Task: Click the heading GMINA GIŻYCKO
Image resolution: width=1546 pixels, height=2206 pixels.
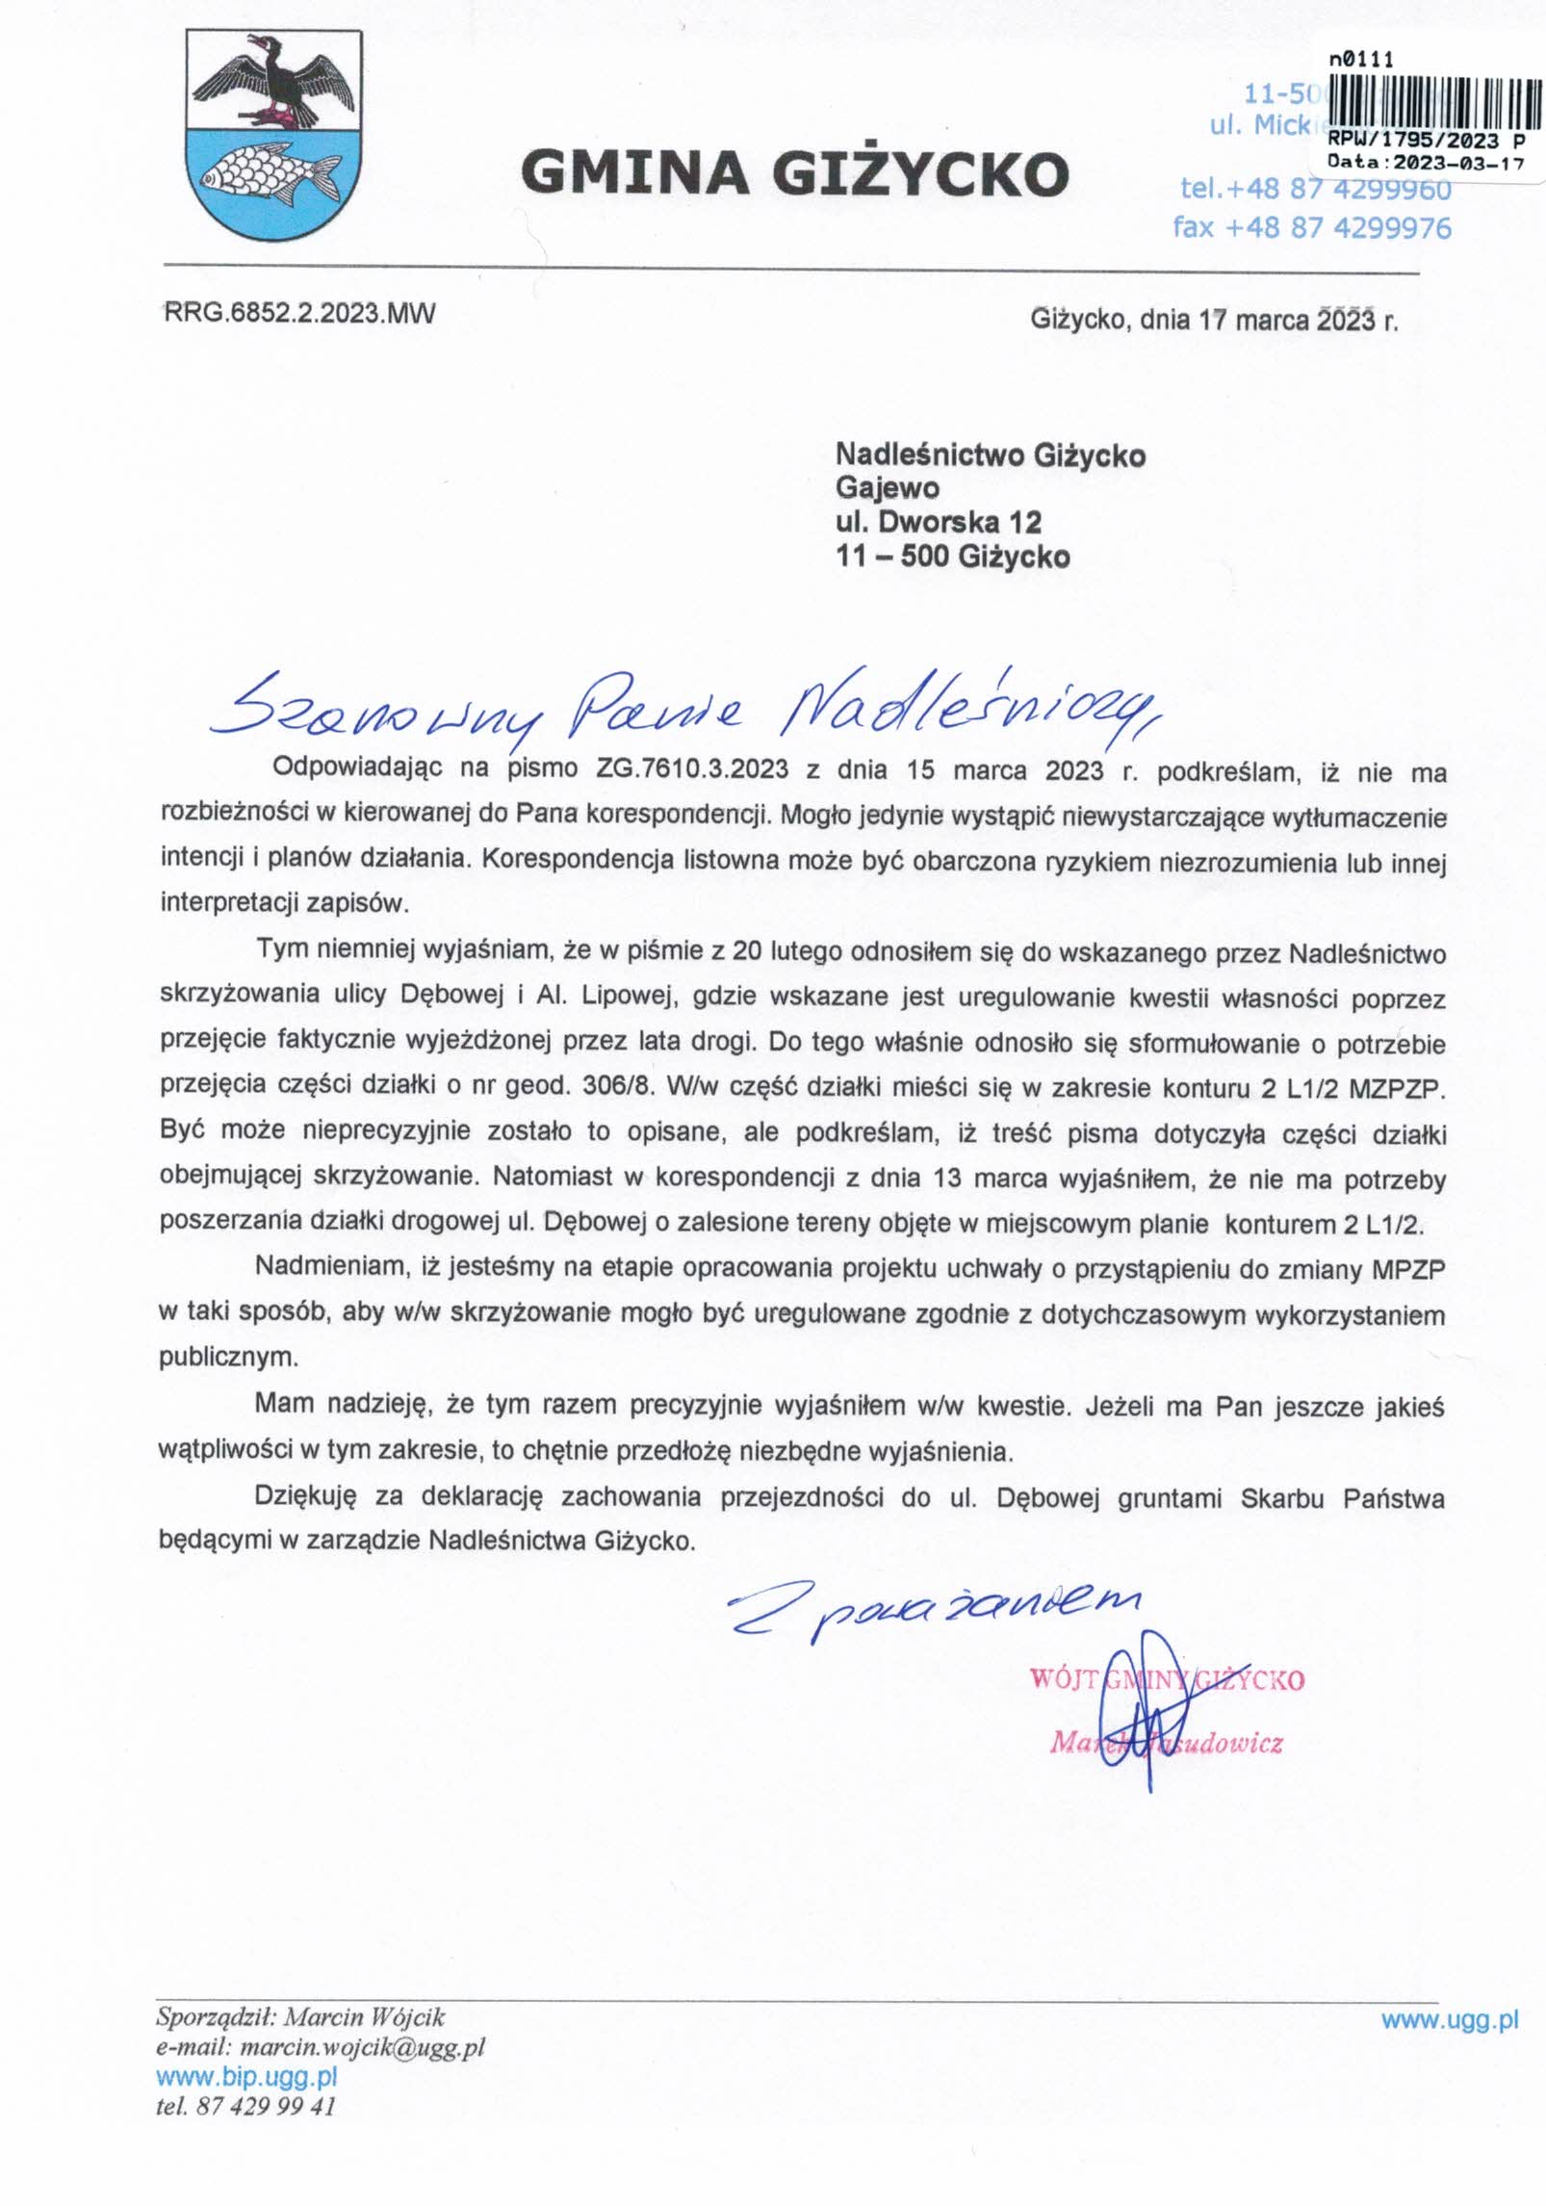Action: click(x=794, y=173)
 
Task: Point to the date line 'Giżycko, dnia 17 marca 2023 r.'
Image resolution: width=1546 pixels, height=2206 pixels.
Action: click(x=1213, y=320)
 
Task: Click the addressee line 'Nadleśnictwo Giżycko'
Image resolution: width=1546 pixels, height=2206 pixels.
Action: click(x=991, y=454)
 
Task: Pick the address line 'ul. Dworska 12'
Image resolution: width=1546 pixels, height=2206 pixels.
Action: click(x=939, y=522)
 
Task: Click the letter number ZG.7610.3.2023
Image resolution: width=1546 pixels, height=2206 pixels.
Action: click(x=693, y=769)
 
